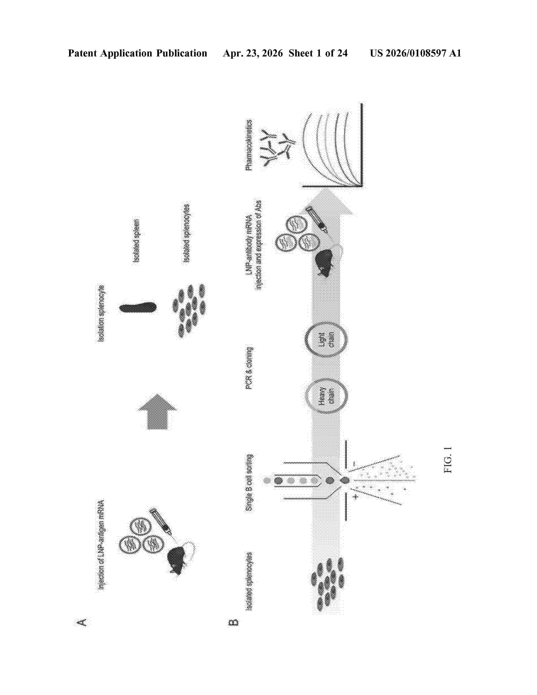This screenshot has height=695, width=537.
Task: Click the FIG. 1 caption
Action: (448, 460)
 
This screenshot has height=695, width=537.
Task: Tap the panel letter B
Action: (233, 622)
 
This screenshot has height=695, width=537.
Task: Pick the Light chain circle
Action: (326, 339)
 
